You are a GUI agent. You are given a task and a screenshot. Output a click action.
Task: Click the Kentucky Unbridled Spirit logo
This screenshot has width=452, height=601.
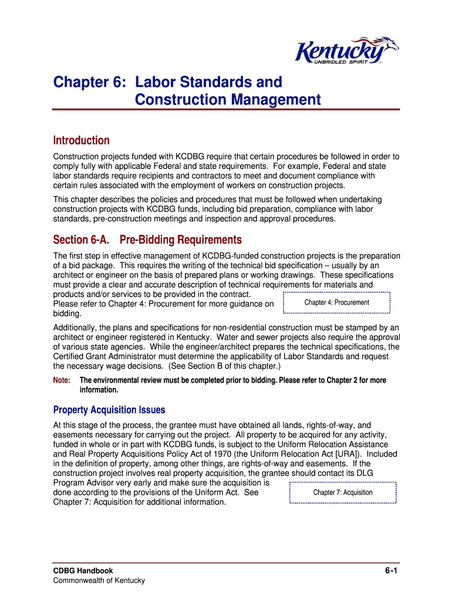[x=346, y=51]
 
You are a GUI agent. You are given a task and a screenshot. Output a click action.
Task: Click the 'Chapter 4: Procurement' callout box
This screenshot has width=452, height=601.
[x=336, y=302]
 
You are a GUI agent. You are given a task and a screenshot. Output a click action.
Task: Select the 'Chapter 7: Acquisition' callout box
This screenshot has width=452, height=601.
[x=343, y=492]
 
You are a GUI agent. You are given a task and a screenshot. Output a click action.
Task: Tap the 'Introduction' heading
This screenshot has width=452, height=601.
[x=81, y=140]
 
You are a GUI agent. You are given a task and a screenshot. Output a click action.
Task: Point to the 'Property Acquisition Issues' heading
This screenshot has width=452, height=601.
[x=109, y=410]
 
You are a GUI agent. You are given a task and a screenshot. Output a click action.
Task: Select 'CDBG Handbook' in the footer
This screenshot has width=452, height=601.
[x=83, y=570]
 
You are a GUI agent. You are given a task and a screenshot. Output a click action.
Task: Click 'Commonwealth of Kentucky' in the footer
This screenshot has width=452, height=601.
[x=99, y=580]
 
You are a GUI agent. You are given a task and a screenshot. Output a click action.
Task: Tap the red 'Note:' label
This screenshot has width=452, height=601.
[x=62, y=380]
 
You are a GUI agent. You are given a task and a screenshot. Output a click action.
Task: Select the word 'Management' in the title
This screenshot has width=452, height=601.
[x=275, y=100]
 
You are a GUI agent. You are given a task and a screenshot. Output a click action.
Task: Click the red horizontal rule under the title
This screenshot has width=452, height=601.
[x=226, y=110]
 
